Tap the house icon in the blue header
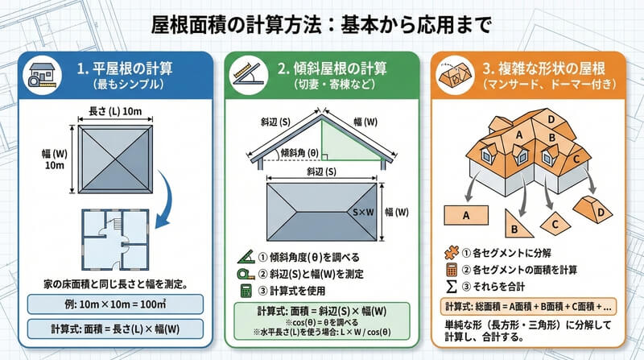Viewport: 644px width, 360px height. click(x=42, y=75)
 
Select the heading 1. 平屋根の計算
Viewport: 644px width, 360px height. click(x=125, y=68)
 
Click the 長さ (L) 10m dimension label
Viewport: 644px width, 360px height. click(x=115, y=111)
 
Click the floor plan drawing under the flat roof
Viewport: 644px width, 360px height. click(x=115, y=239)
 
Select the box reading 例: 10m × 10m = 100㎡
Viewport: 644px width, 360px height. click(x=115, y=304)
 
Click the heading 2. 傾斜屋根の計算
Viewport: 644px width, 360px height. click(x=332, y=68)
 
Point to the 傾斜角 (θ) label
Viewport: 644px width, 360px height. click(x=299, y=153)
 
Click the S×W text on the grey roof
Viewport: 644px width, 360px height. click(x=364, y=212)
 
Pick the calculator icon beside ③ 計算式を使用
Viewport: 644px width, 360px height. click(x=246, y=291)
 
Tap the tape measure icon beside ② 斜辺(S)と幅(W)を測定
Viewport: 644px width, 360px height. click(x=246, y=274)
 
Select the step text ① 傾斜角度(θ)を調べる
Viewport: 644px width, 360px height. click(x=309, y=257)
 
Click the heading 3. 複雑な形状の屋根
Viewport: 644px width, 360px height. click(x=544, y=68)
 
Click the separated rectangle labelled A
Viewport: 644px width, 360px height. click(x=466, y=215)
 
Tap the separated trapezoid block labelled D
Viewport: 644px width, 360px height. click(x=592, y=209)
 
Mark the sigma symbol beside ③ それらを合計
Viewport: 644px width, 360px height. click(x=451, y=287)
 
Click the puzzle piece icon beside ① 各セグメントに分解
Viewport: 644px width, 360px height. click(x=452, y=252)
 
